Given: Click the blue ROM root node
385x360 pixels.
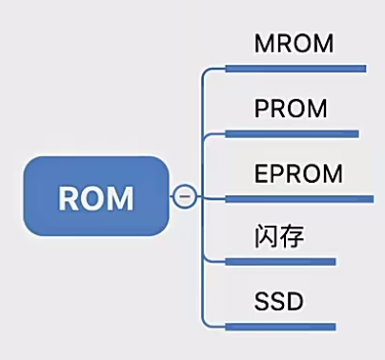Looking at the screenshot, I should [95, 197].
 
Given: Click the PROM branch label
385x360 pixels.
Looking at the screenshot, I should [291, 109].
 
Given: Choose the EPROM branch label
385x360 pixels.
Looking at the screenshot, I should [297, 173].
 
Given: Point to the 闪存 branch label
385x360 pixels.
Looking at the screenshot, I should [279, 236].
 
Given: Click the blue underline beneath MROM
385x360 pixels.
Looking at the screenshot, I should [295, 69].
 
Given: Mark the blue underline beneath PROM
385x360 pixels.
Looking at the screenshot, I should [292, 133].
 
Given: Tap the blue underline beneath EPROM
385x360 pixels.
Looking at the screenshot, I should [298, 198].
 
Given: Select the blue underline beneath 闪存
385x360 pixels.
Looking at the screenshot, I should [281, 261].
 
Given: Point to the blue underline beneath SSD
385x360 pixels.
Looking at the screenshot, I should [281, 326].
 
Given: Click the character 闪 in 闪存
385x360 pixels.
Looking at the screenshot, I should [267, 236].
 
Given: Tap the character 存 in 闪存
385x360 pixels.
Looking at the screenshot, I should [292, 236].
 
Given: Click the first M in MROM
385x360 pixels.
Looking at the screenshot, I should [264, 45].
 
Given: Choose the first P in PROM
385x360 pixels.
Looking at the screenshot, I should [262, 109].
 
